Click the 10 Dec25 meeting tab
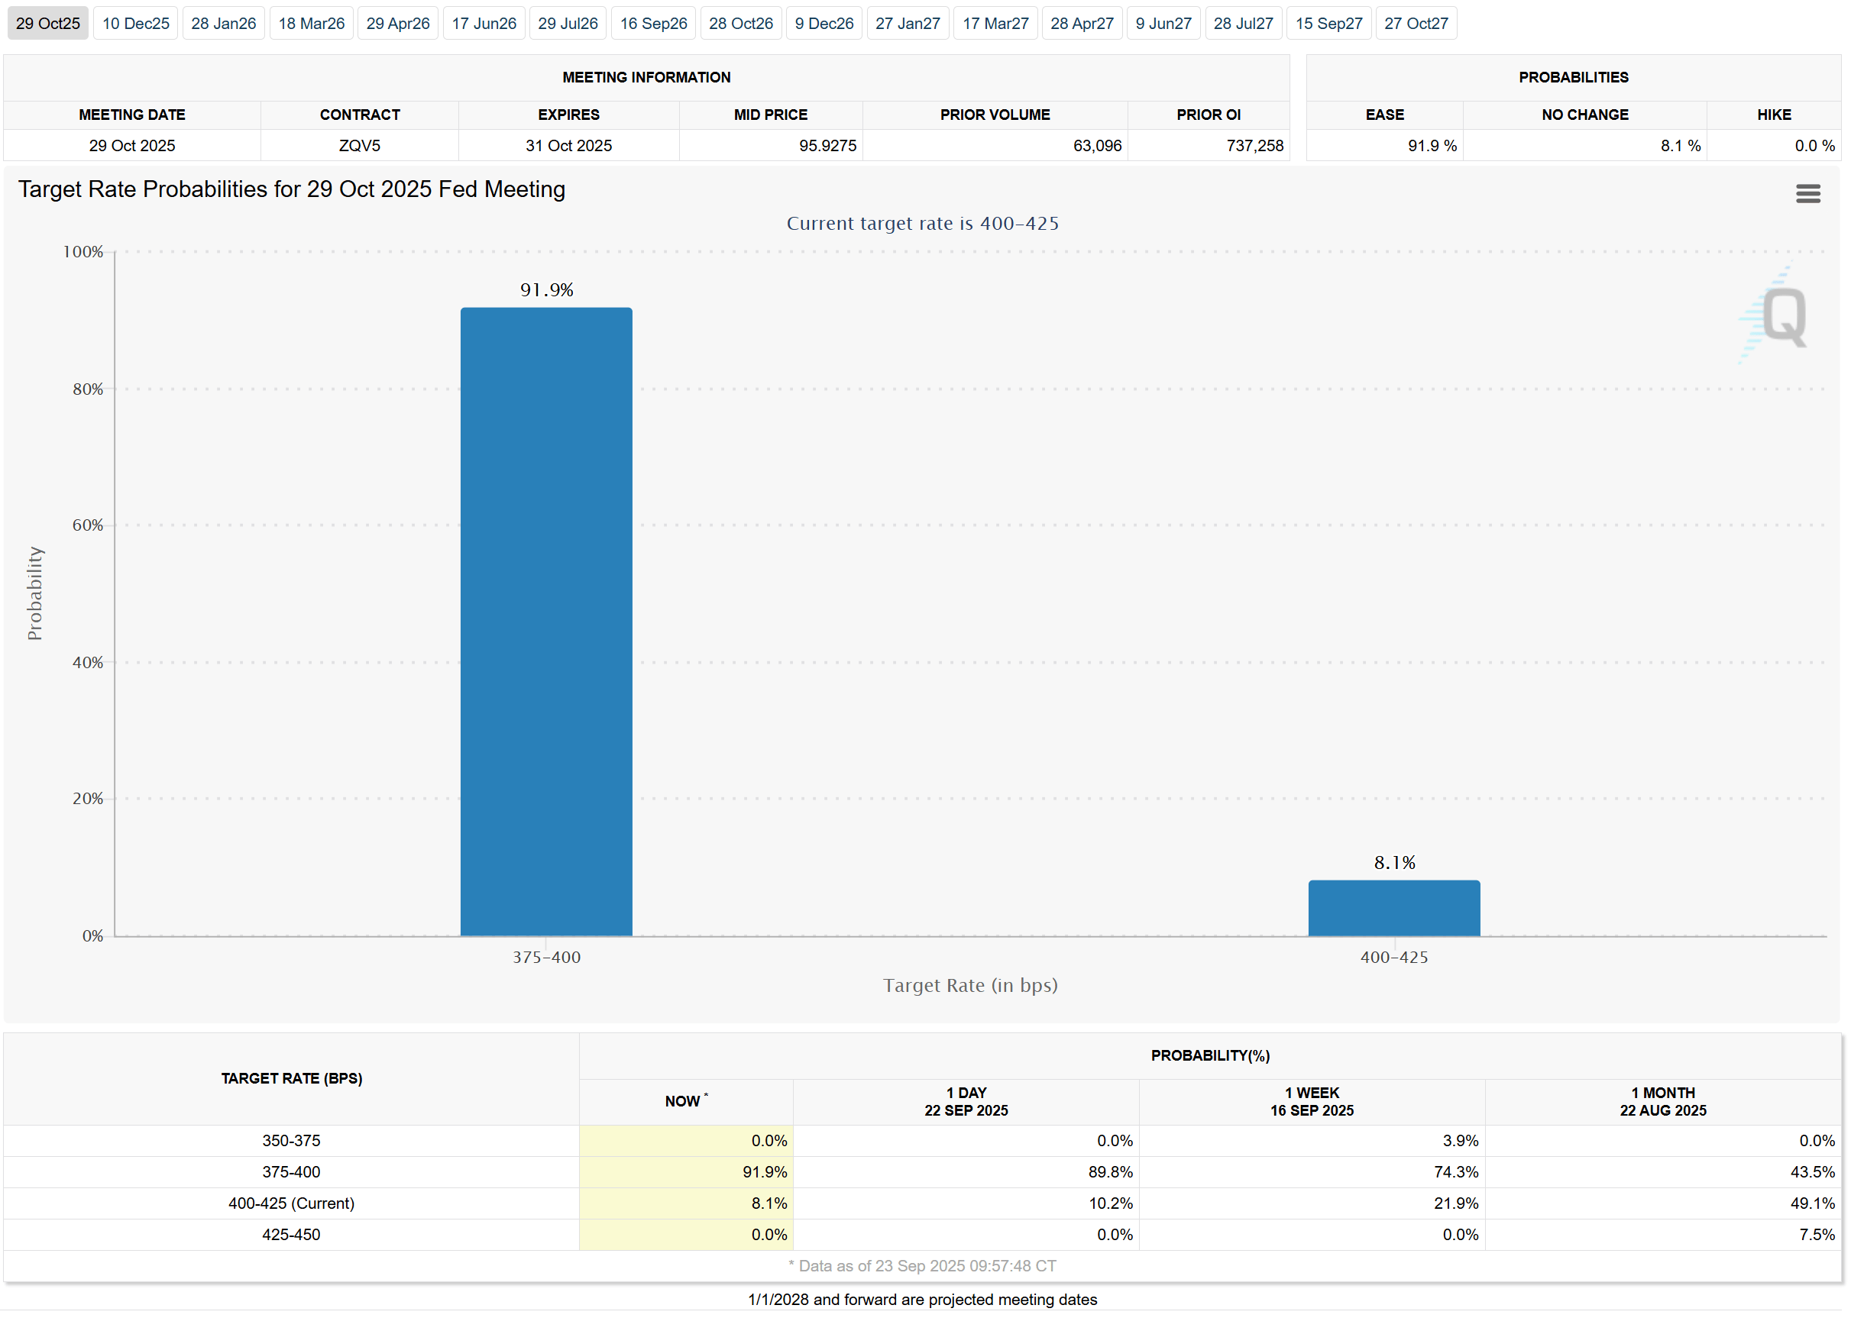[x=135, y=24]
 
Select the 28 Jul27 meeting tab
[x=1242, y=24]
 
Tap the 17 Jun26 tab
[x=484, y=24]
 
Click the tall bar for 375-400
[x=545, y=621]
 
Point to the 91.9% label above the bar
[x=546, y=289]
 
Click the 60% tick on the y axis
[x=88, y=525]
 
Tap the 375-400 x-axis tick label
[x=546, y=957]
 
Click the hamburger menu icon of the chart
[x=1807, y=193]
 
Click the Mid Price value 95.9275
[x=827, y=145]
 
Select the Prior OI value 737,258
[x=1254, y=145]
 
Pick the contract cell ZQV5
[x=360, y=145]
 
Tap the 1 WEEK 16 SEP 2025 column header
[x=1311, y=1101]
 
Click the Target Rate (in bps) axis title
[x=969, y=985]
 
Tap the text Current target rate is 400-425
[x=921, y=223]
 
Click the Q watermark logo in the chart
[x=1784, y=316]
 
